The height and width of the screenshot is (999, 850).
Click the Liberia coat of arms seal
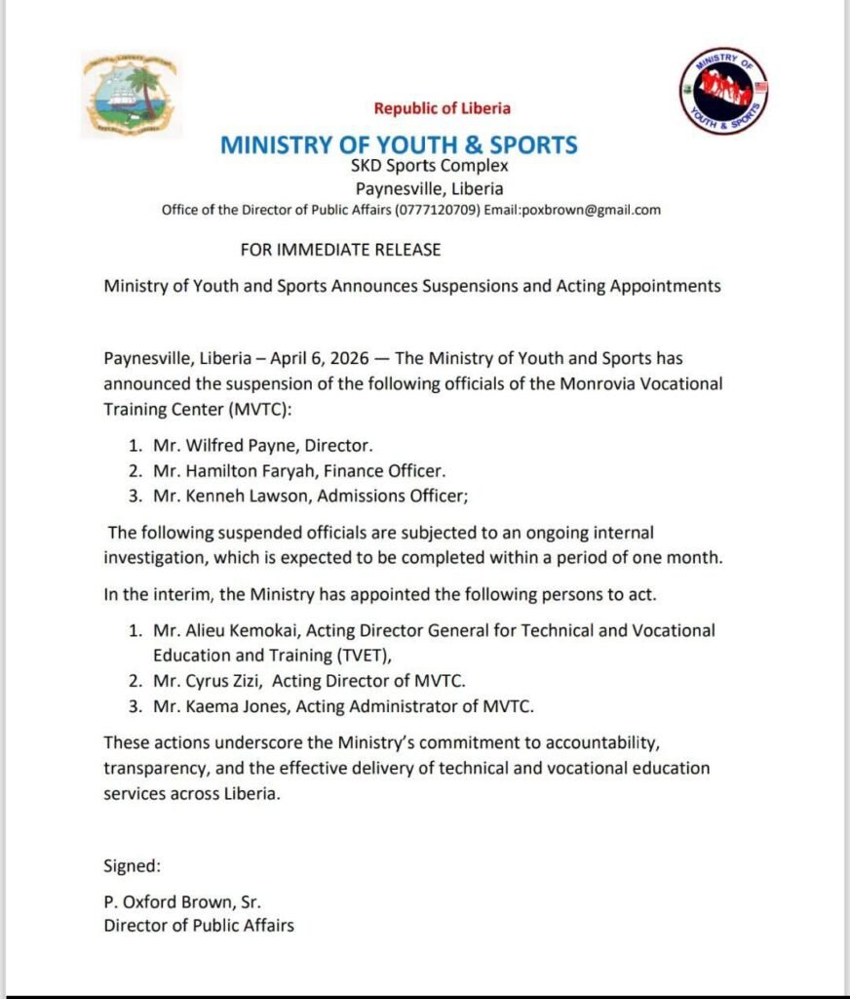(131, 95)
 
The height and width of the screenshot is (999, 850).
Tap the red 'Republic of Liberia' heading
(442, 108)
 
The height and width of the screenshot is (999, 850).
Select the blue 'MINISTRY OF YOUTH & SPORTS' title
(399, 145)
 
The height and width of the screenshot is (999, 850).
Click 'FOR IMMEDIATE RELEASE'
(340, 250)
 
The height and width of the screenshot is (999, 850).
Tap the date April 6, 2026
(313, 358)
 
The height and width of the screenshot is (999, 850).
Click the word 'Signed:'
(133, 865)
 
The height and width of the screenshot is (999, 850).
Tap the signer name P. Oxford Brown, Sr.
(182, 900)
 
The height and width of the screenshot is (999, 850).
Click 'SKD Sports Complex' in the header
(429, 166)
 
